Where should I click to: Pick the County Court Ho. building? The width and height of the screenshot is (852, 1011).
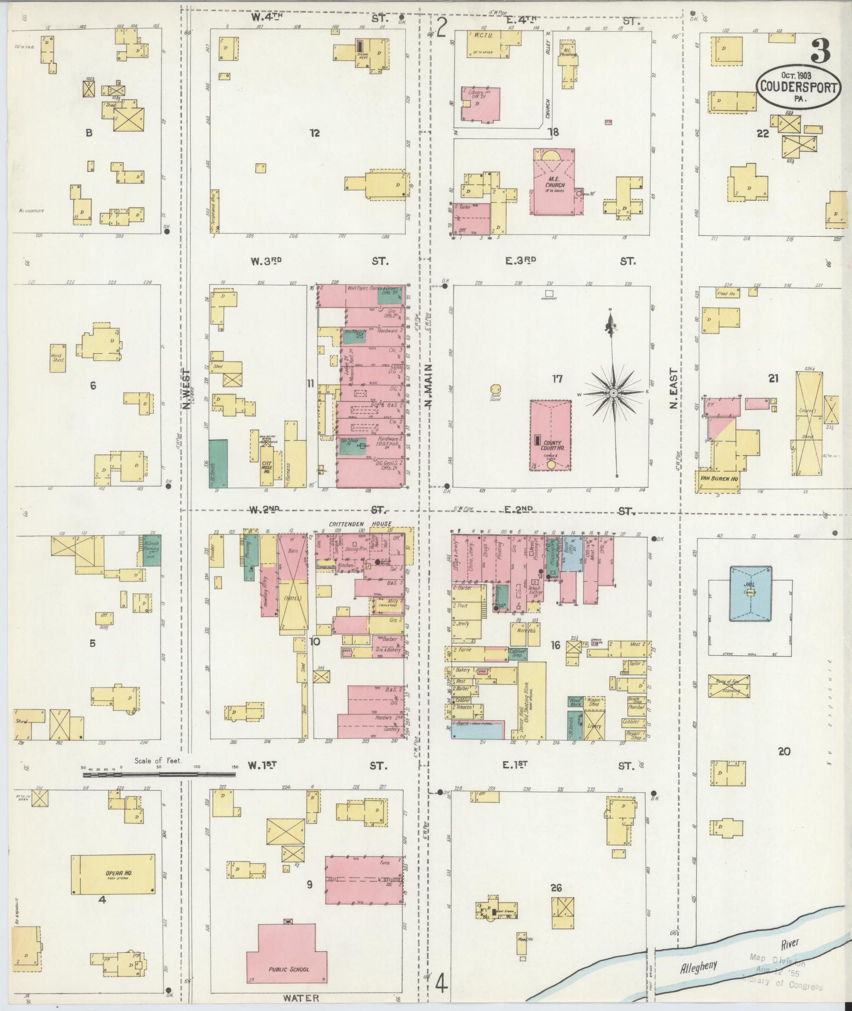550,434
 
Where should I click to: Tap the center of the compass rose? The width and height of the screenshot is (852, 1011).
613,393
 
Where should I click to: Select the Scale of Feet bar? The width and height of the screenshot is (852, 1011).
158,775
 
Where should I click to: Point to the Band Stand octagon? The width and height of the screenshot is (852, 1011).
495,390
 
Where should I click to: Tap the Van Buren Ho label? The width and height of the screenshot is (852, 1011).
719,479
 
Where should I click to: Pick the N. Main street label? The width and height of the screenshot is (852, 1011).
427,384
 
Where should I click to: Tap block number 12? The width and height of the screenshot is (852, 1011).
315,133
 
